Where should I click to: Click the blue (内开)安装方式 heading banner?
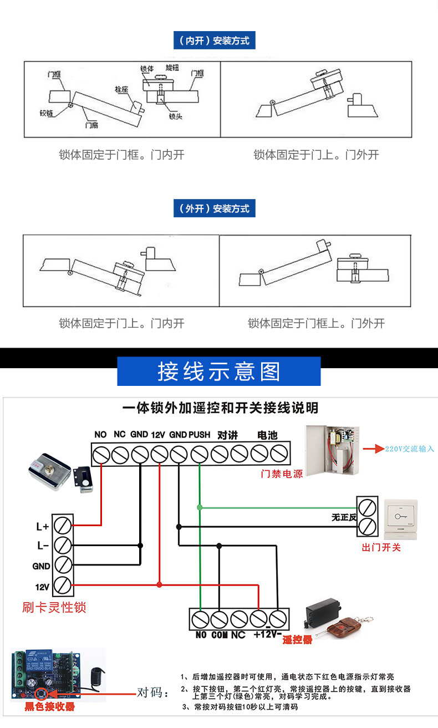[214, 40]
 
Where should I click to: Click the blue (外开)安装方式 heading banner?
[214, 208]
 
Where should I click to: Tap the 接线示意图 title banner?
[219, 371]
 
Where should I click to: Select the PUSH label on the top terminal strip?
[200, 435]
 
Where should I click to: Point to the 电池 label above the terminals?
[267, 435]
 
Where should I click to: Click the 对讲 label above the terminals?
[227, 435]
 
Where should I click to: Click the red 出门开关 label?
[381, 547]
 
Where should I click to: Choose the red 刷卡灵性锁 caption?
[54, 607]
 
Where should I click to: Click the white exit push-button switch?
[400, 518]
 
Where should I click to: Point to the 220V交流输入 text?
[410, 449]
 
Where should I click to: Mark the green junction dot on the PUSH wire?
[200, 506]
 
